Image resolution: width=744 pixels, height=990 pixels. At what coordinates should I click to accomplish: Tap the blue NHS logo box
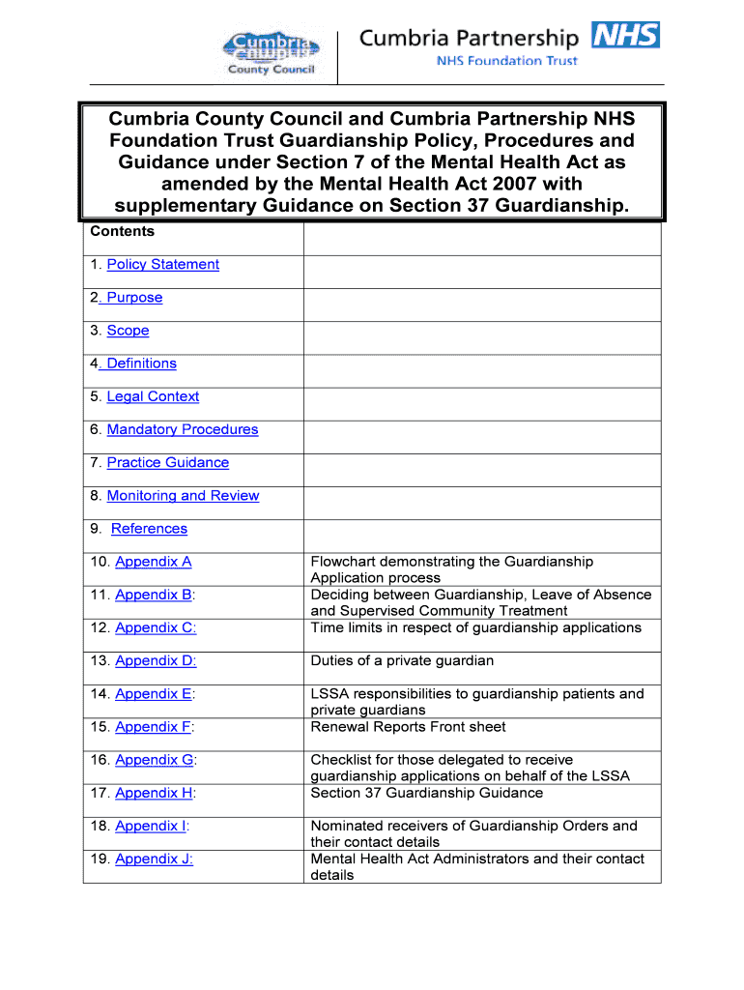click(x=625, y=36)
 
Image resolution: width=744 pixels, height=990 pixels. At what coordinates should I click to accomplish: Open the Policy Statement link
click(x=162, y=265)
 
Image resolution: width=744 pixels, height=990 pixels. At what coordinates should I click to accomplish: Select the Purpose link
click(x=133, y=298)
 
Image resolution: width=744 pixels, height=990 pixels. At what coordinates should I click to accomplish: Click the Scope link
click(x=128, y=331)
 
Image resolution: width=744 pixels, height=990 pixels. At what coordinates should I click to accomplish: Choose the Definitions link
click(x=140, y=364)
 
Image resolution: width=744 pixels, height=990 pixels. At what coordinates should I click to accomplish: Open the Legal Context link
click(x=153, y=396)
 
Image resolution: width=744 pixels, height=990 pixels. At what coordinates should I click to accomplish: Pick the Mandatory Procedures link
click(x=183, y=429)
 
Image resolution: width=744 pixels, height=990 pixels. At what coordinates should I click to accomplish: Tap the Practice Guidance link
click(x=168, y=463)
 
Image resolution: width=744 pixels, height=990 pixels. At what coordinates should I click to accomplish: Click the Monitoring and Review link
click(x=183, y=496)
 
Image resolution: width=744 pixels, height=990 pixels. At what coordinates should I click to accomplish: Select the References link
click(x=149, y=529)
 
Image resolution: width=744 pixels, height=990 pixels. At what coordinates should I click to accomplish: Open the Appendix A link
click(x=154, y=562)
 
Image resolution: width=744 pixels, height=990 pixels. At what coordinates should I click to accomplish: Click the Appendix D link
click(x=156, y=661)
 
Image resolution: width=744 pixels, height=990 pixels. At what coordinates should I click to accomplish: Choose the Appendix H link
click(x=154, y=793)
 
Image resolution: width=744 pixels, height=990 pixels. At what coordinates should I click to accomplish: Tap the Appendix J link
click(x=154, y=859)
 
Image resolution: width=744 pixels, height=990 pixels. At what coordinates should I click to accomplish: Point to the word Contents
click(x=122, y=231)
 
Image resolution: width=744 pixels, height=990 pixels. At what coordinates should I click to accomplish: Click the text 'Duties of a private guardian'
click(x=402, y=661)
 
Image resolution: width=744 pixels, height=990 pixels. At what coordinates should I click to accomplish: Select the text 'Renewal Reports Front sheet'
click(x=408, y=727)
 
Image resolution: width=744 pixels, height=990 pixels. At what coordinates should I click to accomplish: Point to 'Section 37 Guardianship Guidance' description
click(x=426, y=793)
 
